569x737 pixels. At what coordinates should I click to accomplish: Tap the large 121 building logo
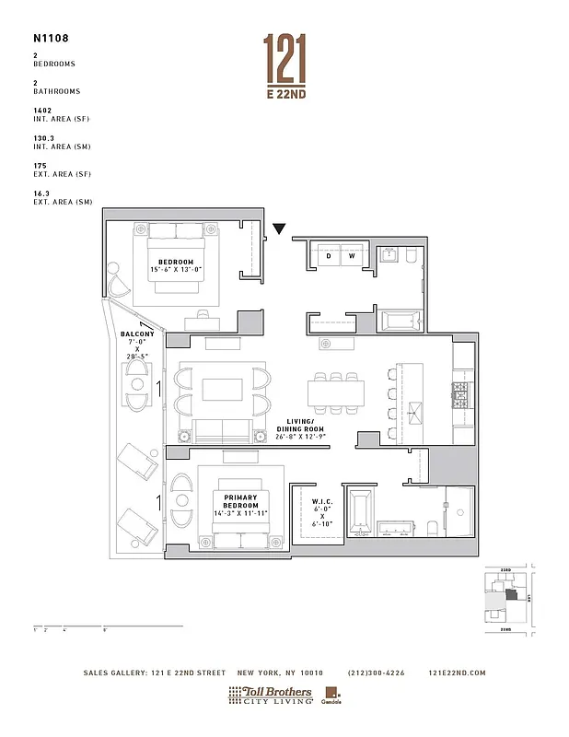(x=284, y=56)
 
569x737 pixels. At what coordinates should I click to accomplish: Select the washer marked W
(x=351, y=255)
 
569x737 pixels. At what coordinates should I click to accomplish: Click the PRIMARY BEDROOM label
(x=241, y=502)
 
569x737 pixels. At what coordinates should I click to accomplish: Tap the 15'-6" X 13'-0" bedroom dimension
(x=176, y=269)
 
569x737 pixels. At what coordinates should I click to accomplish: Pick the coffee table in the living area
(x=221, y=390)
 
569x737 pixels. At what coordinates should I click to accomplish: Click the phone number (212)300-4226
(x=376, y=673)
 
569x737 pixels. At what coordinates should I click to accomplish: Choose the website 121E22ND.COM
(x=457, y=673)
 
